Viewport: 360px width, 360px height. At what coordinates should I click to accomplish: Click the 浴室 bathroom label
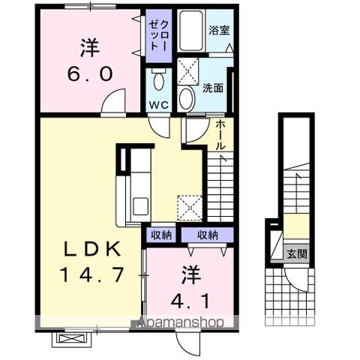(x=219, y=31)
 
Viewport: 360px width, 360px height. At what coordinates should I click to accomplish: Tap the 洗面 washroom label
(x=213, y=87)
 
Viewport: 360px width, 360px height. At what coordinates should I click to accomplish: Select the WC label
(x=157, y=103)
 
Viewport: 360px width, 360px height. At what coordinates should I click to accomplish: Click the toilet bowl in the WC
(x=157, y=80)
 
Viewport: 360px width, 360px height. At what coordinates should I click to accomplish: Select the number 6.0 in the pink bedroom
(x=91, y=73)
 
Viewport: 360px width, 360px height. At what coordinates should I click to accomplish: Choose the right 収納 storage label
(x=208, y=235)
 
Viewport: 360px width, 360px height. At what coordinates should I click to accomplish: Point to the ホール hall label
(x=221, y=136)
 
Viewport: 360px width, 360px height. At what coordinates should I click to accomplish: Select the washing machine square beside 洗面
(x=187, y=72)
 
